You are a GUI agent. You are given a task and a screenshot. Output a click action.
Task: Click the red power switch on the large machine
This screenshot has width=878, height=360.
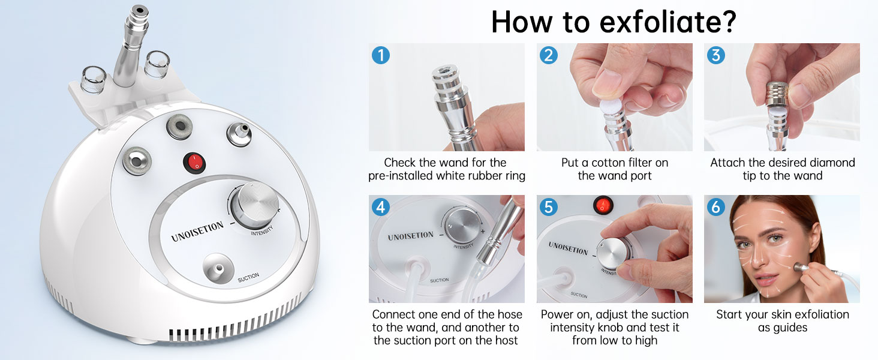coord(194,163)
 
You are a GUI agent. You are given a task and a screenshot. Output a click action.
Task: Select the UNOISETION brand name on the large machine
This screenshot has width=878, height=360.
coord(197,232)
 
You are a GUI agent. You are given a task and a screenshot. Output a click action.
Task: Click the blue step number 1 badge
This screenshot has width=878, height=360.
coord(381,55)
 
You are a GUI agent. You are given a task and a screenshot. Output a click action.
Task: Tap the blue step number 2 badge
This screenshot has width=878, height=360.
coord(549,55)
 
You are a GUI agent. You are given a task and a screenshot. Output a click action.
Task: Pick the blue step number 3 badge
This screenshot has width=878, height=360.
coord(716,55)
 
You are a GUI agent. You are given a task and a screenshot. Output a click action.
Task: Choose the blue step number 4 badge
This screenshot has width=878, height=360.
coord(381,207)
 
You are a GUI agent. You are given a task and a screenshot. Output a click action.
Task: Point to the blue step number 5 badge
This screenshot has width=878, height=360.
coord(549,207)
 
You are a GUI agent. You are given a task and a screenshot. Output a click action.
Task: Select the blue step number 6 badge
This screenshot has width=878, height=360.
coord(716,207)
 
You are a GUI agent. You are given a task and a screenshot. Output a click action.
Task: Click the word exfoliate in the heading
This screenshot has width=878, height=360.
coord(668,22)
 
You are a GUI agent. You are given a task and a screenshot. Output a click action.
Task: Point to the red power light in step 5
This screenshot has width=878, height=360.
coord(603,205)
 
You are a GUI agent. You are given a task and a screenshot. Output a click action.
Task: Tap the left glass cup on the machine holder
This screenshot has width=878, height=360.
coord(94,80)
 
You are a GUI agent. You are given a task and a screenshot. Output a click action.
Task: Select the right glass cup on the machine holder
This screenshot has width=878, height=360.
coord(157,64)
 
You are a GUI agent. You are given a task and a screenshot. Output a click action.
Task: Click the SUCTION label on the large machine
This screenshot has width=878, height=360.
coord(248,277)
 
